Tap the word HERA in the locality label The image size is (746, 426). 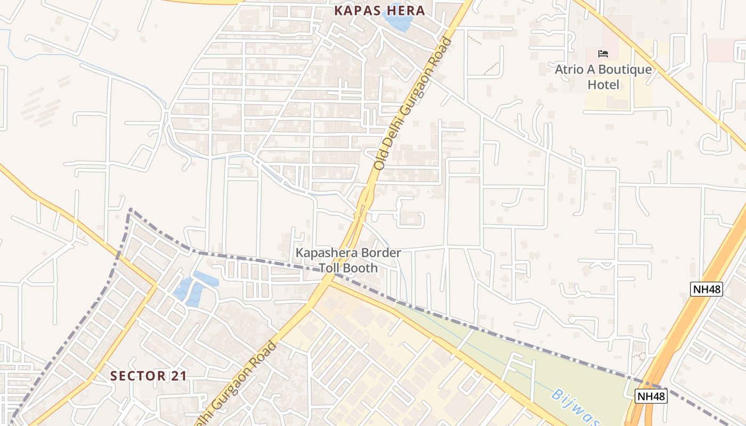click(407, 11)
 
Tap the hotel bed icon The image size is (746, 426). click(603, 54)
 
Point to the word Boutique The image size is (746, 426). click(625, 70)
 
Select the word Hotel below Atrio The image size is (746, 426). click(603, 85)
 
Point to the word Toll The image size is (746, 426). click(330, 268)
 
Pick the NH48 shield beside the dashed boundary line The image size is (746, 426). click(651, 396)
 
